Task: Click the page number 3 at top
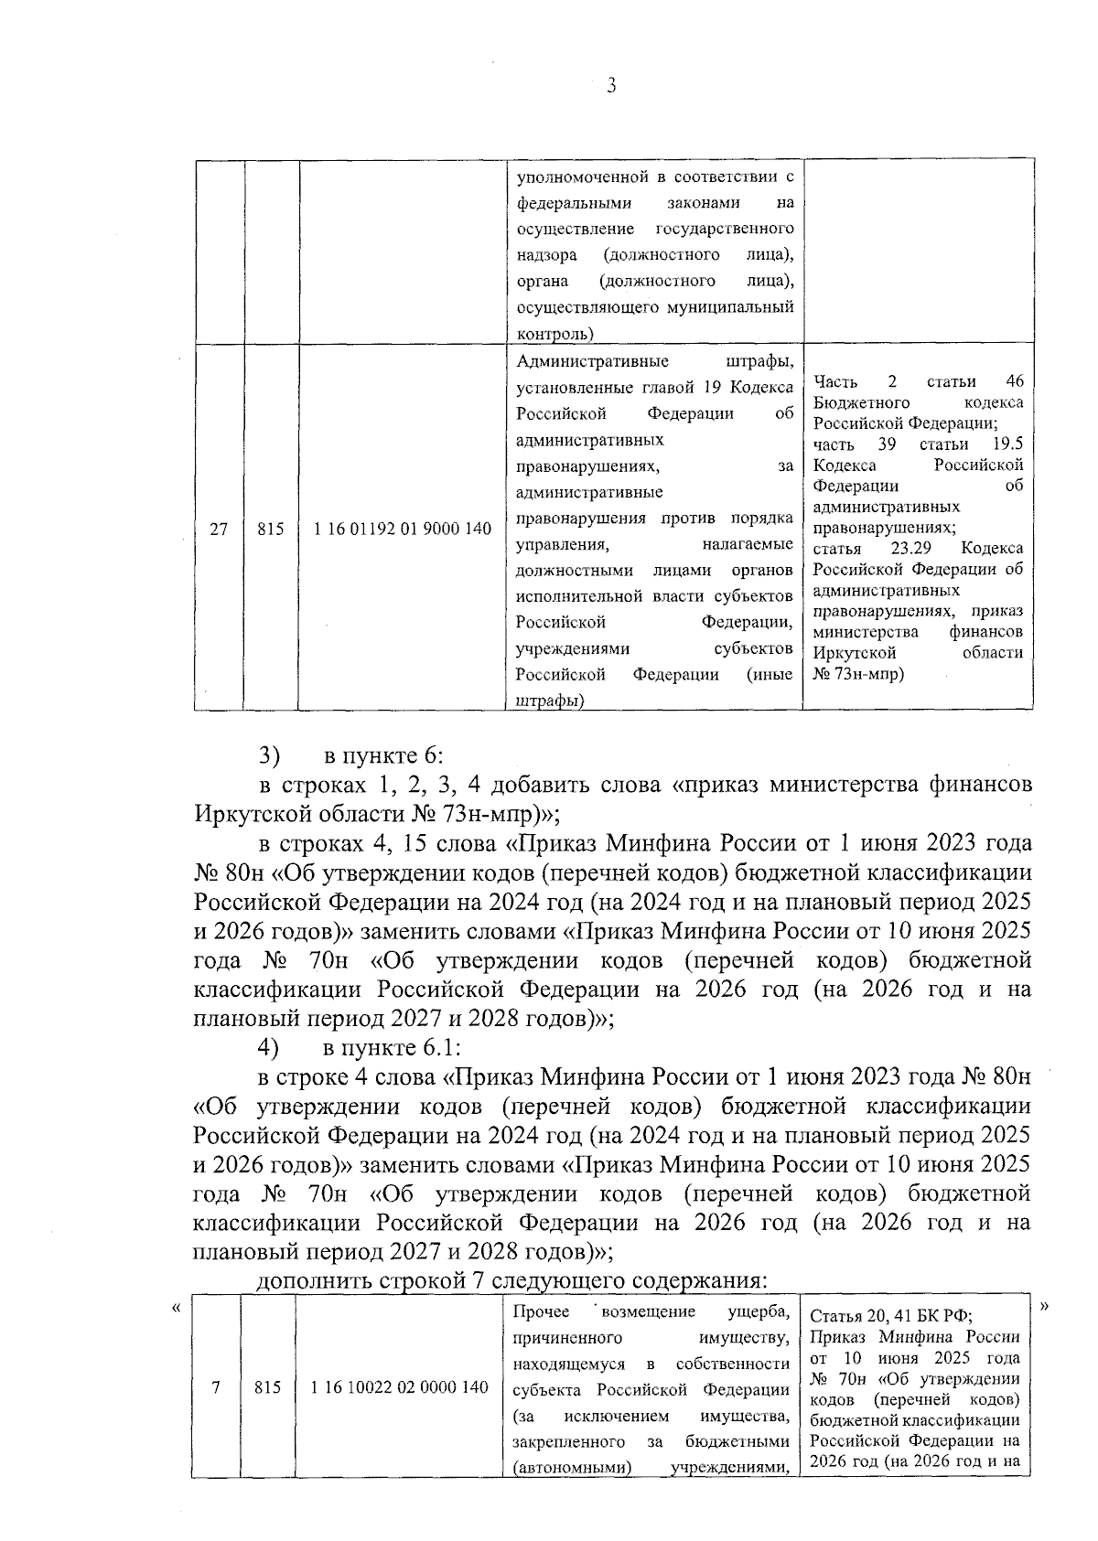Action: tap(611, 86)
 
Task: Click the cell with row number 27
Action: tap(219, 529)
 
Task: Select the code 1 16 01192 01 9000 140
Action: tap(403, 529)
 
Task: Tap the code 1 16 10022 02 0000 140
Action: tap(400, 1387)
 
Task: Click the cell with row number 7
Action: tap(216, 1387)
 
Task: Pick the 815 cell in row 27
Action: tap(270, 529)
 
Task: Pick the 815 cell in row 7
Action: tap(267, 1387)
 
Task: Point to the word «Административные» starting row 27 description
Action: tap(592, 361)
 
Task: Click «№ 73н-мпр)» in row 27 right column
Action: tap(858, 674)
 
